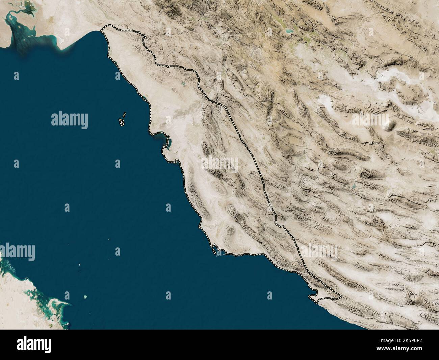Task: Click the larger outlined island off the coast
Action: (121, 122)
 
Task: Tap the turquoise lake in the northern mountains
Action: (289, 31)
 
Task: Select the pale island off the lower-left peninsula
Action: (85, 297)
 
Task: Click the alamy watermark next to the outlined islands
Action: (70, 119)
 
